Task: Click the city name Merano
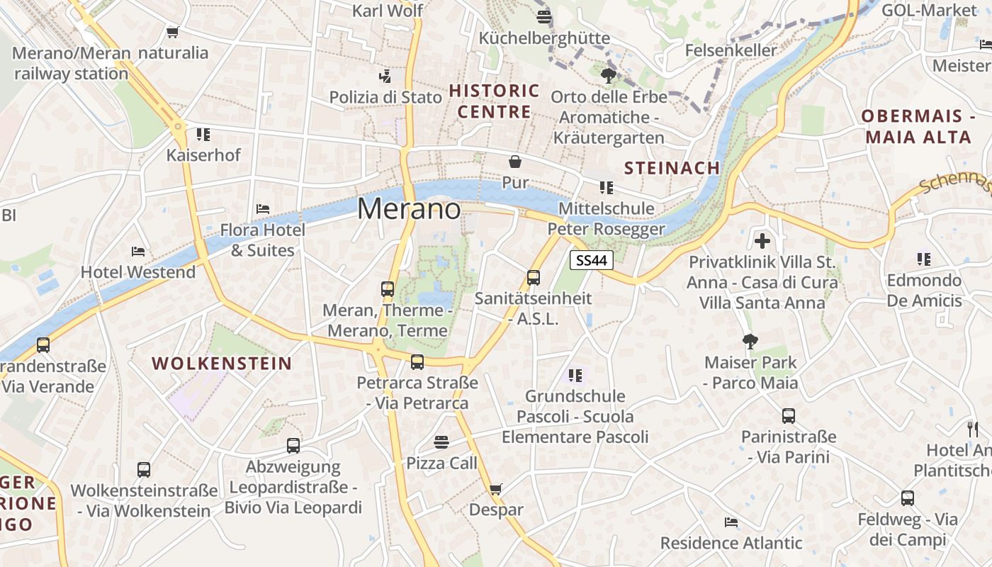pyautogui.click(x=409, y=209)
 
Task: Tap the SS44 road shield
pyautogui.click(x=592, y=260)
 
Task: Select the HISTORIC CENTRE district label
pyautogui.click(x=495, y=101)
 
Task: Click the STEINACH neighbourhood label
pyautogui.click(x=672, y=168)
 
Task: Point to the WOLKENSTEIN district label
pyautogui.click(x=222, y=364)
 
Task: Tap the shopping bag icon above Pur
pyautogui.click(x=515, y=162)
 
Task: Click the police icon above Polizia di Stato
pyautogui.click(x=385, y=76)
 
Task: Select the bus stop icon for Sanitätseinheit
pyautogui.click(x=534, y=278)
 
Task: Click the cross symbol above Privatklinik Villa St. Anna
pyautogui.click(x=762, y=241)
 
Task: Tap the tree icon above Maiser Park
pyautogui.click(x=750, y=342)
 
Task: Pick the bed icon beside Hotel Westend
pyautogui.click(x=138, y=252)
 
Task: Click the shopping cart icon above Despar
pyautogui.click(x=496, y=489)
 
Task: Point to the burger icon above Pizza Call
pyautogui.click(x=441, y=442)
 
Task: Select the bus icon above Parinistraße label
pyautogui.click(x=789, y=416)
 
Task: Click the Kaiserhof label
pyautogui.click(x=203, y=155)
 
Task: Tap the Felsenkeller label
pyautogui.click(x=731, y=50)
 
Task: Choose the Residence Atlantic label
pyautogui.click(x=731, y=543)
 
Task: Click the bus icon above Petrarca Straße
pyautogui.click(x=417, y=362)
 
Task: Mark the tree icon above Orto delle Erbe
pyautogui.click(x=607, y=76)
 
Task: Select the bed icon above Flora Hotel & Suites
pyautogui.click(x=263, y=209)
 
